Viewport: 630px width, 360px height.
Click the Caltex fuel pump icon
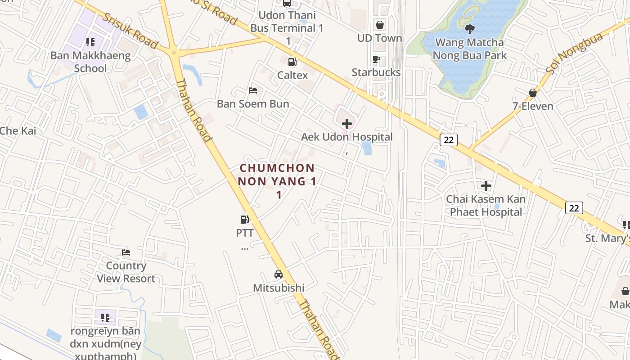tap(292, 62)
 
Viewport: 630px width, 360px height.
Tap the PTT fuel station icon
tap(245, 220)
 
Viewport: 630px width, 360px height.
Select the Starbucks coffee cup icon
tap(376, 59)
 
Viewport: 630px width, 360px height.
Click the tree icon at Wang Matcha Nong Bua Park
tap(470, 30)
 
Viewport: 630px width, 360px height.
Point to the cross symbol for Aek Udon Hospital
tap(347, 123)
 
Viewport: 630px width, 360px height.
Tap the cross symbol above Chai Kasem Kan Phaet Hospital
tap(486, 185)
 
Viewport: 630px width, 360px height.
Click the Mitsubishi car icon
tap(279, 274)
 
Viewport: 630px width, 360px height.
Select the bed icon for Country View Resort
tap(126, 252)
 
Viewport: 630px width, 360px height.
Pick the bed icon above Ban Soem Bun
tap(253, 90)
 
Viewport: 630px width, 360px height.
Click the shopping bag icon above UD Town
tap(380, 25)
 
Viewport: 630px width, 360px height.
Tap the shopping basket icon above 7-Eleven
tap(533, 93)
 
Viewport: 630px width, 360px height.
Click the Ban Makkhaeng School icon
tap(90, 42)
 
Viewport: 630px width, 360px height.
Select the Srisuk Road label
tap(130, 30)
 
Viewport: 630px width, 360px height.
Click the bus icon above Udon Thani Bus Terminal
tap(287, 3)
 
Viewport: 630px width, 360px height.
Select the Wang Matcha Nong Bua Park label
tap(470, 49)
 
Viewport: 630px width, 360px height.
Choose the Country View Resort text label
tap(126, 272)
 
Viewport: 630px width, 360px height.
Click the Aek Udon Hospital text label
tap(347, 137)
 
